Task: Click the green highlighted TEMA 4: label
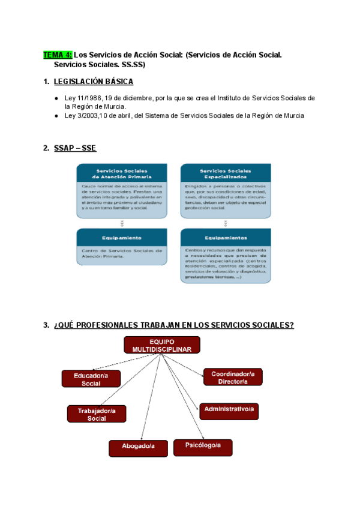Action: pyautogui.click(x=58, y=55)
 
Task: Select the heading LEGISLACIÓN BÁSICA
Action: pyautogui.click(x=93, y=82)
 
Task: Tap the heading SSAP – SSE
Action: pyautogui.click(x=75, y=148)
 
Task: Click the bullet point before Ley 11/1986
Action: pyautogui.click(x=56, y=98)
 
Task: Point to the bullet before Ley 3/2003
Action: pyautogui.click(x=56, y=116)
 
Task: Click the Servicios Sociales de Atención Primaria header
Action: pyautogui.click(x=122, y=173)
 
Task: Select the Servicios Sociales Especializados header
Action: pyautogui.click(x=226, y=173)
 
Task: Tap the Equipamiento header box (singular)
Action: pyautogui.click(x=122, y=238)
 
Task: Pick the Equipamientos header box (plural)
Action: pyautogui.click(x=226, y=237)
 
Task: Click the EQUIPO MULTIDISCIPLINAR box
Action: pyautogui.click(x=162, y=345)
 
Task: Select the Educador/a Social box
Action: pyautogui.click(x=91, y=379)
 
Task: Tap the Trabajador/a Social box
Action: pyautogui.click(x=97, y=414)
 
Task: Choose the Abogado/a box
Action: pyautogui.click(x=138, y=448)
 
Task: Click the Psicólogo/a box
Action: pyautogui.click(x=203, y=447)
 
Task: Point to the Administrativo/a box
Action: pyautogui.click(x=229, y=411)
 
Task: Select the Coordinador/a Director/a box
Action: pyautogui.click(x=233, y=377)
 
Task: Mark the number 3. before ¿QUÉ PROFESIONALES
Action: pyautogui.click(x=46, y=325)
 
